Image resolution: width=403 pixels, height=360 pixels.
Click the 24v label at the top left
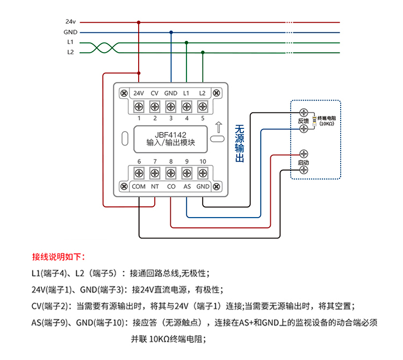[70, 22]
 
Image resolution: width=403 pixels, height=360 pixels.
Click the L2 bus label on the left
[70, 53]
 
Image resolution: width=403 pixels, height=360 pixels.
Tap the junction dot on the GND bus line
[171, 32]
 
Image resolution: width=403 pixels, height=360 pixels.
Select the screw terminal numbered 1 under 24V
[139, 107]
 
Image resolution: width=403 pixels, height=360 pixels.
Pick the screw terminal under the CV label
[155, 107]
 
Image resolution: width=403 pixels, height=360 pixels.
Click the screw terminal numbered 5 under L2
[203, 107]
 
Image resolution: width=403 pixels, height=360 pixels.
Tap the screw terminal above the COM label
[139, 173]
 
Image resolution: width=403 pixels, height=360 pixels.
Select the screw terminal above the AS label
[187, 173]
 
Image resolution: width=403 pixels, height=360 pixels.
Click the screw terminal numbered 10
[203, 173]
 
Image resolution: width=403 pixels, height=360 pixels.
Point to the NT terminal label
[155, 186]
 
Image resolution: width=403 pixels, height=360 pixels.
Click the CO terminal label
[171, 186]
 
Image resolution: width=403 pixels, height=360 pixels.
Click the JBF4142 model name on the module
[170, 134]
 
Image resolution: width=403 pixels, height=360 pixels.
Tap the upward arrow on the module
[217, 127]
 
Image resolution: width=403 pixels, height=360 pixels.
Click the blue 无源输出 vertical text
[240, 144]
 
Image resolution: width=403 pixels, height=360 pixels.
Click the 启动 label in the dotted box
[304, 162]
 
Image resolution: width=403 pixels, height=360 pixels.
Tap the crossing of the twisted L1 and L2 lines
[98, 47]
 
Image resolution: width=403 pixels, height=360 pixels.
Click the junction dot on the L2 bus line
[203, 53]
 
